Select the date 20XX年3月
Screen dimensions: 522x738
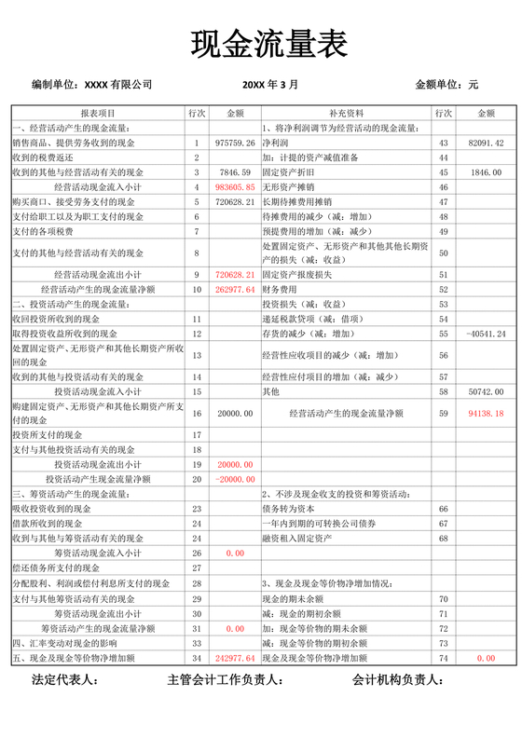(x=270, y=85)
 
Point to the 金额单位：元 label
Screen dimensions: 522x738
(x=446, y=85)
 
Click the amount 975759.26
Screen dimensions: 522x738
(x=235, y=143)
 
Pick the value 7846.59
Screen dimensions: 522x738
(x=235, y=172)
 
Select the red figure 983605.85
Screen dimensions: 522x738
(x=235, y=187)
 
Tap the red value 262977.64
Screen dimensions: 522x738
(x=235, y=290)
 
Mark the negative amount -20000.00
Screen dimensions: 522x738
(x=235, y=479)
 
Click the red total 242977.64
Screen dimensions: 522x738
(x=235, y=659)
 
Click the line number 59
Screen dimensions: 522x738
(x=443, y=413)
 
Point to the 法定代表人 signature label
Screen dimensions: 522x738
(x=64, y=682)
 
